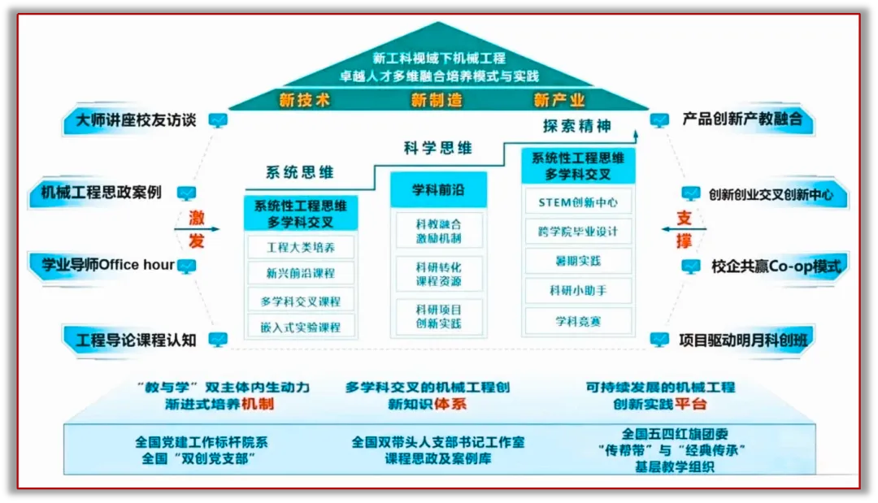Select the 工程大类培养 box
[x=300, y=247]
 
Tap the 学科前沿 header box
[x=438, y=190]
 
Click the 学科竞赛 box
[x=578, y=321]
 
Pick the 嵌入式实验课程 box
[x=300, y=327]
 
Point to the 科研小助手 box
[x=578, y=291]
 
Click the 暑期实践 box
[x=578, y=262]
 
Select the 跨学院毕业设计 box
[x=578, y=232]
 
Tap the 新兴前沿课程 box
[x=300, y=273]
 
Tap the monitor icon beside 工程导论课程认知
[x=217, y=340]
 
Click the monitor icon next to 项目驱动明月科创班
[x=659, y=340]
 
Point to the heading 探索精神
[x=577, y=127]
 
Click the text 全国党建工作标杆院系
[x=201, y=443]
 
